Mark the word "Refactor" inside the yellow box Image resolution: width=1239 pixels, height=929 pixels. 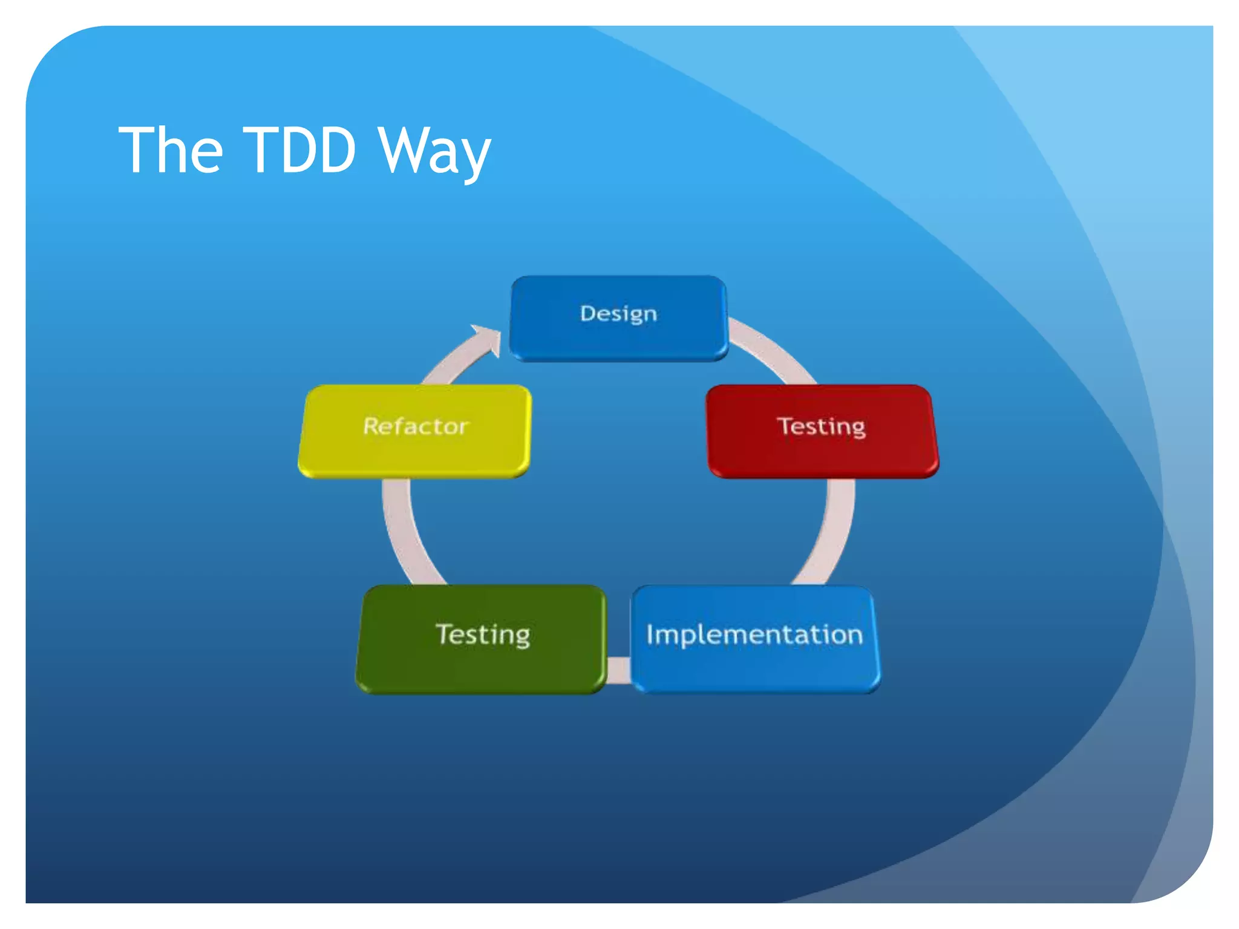click(415, 426)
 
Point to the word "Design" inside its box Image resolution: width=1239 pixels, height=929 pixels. click(618, 313)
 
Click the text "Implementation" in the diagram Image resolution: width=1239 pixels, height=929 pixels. click(754, 634)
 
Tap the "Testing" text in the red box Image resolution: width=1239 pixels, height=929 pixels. click(822, 426)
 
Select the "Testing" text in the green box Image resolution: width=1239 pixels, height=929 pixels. click(483, 634)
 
